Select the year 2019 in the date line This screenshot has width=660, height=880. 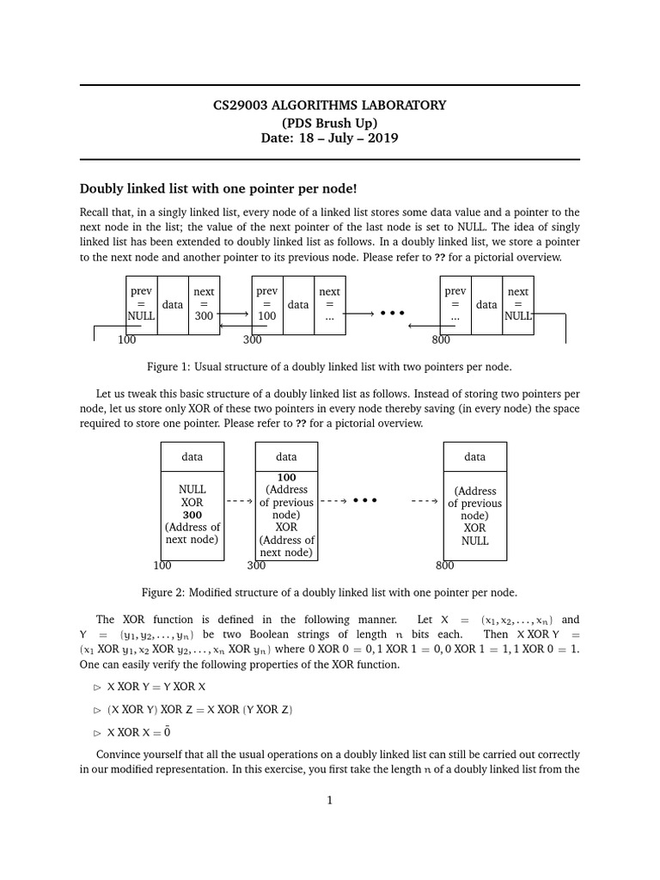[x=383, y=137]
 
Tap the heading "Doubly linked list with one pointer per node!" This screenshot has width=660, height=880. [x=217, y=188]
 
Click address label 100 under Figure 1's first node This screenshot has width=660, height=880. [x=127, y=340]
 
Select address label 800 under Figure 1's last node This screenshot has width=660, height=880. [x=442, y=340]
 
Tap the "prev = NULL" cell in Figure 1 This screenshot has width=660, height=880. [x=141, y=304]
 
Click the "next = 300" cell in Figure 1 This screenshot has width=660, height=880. [x=204, y=304]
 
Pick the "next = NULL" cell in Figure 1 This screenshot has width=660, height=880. [x=518, y=304]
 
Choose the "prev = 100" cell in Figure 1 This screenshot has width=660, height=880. [x=267, y=304]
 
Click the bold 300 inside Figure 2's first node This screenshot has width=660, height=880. [x=192, y=514]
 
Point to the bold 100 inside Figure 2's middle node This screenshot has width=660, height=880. [x=286, y=477]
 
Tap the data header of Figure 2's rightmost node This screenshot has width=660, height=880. [x=474, y=457]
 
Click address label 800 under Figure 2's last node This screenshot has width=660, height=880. [x=444, y=565]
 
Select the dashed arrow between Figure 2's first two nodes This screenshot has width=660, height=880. [x=238, y=500]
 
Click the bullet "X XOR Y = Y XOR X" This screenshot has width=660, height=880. [x=156, y=687]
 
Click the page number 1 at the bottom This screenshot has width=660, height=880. [x=329, y=800]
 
